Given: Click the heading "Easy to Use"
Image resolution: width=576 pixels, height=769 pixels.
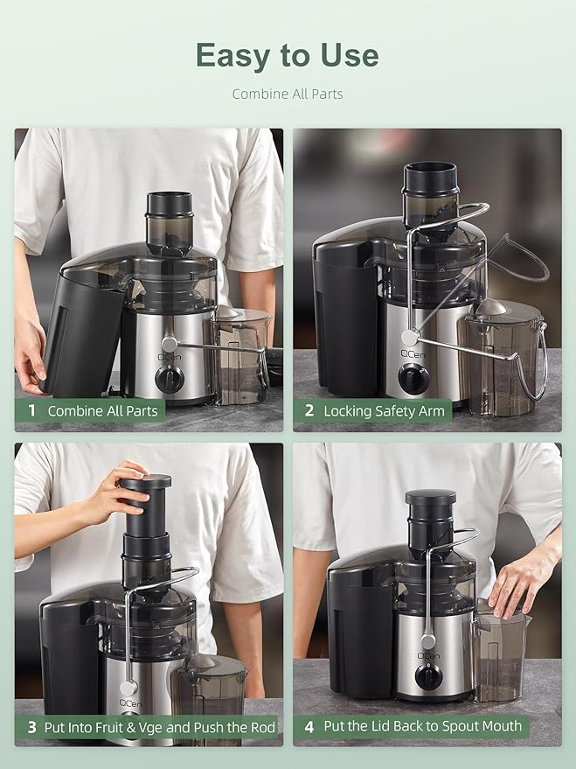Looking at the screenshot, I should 287,55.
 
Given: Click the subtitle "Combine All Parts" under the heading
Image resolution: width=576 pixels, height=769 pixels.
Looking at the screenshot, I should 287,94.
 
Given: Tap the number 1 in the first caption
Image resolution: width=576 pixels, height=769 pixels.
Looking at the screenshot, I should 31,410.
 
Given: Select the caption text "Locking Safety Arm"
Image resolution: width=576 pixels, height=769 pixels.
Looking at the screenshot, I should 384,410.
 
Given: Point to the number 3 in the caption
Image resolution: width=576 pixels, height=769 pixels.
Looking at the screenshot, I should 31,727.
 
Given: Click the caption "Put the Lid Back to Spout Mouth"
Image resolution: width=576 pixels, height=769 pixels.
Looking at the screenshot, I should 422,726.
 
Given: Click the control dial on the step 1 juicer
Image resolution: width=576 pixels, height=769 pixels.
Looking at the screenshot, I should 170,378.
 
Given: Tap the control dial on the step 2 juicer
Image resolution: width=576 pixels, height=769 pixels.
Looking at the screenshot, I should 413,378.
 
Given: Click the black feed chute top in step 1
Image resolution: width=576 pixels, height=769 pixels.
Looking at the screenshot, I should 169,206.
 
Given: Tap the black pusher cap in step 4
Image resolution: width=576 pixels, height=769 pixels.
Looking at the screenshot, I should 430,498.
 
